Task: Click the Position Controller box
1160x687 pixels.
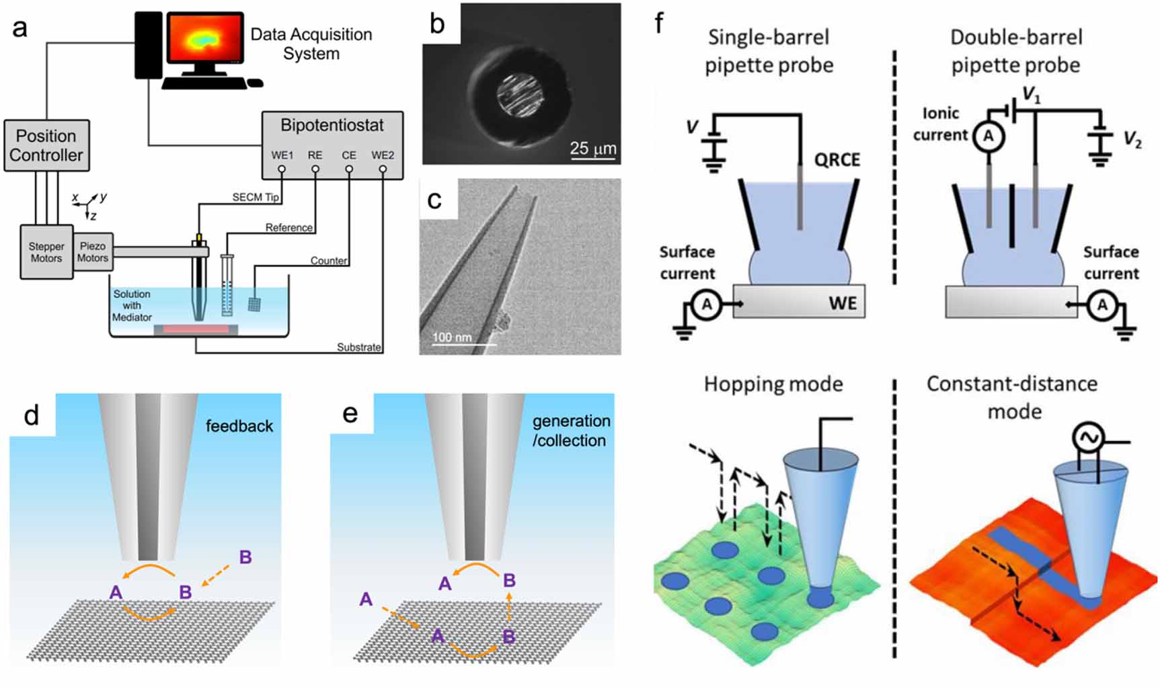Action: [x=46, y=145]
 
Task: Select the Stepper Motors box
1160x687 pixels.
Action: [x=46, y=252]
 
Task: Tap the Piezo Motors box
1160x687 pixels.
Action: [x=93, y=252]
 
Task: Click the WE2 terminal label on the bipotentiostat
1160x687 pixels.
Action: [x=383, y=155]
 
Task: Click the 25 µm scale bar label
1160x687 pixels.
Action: [x=592, y=148]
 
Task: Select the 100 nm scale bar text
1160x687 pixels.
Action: [x=452, y=337]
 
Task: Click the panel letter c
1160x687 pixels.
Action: [x=435, y=200]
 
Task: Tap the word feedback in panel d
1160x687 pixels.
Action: [x=239, y=426]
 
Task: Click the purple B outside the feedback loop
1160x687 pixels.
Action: [x=245, y=557]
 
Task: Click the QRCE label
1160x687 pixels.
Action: [x=837, y=160]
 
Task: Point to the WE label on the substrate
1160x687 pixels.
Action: [x=843, y=303]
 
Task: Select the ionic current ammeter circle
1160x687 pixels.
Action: [x=988, y=137]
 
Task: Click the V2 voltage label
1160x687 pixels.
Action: [x=1132, y=140]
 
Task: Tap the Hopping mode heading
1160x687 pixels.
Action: [x=773, y=385]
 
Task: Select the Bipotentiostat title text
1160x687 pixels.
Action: [x=332, y=126]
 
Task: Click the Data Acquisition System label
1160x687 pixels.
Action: [x=311, y=44]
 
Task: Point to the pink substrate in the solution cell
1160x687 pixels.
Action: [x=196, y=329]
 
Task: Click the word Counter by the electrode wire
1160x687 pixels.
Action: [x=328, y=261]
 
